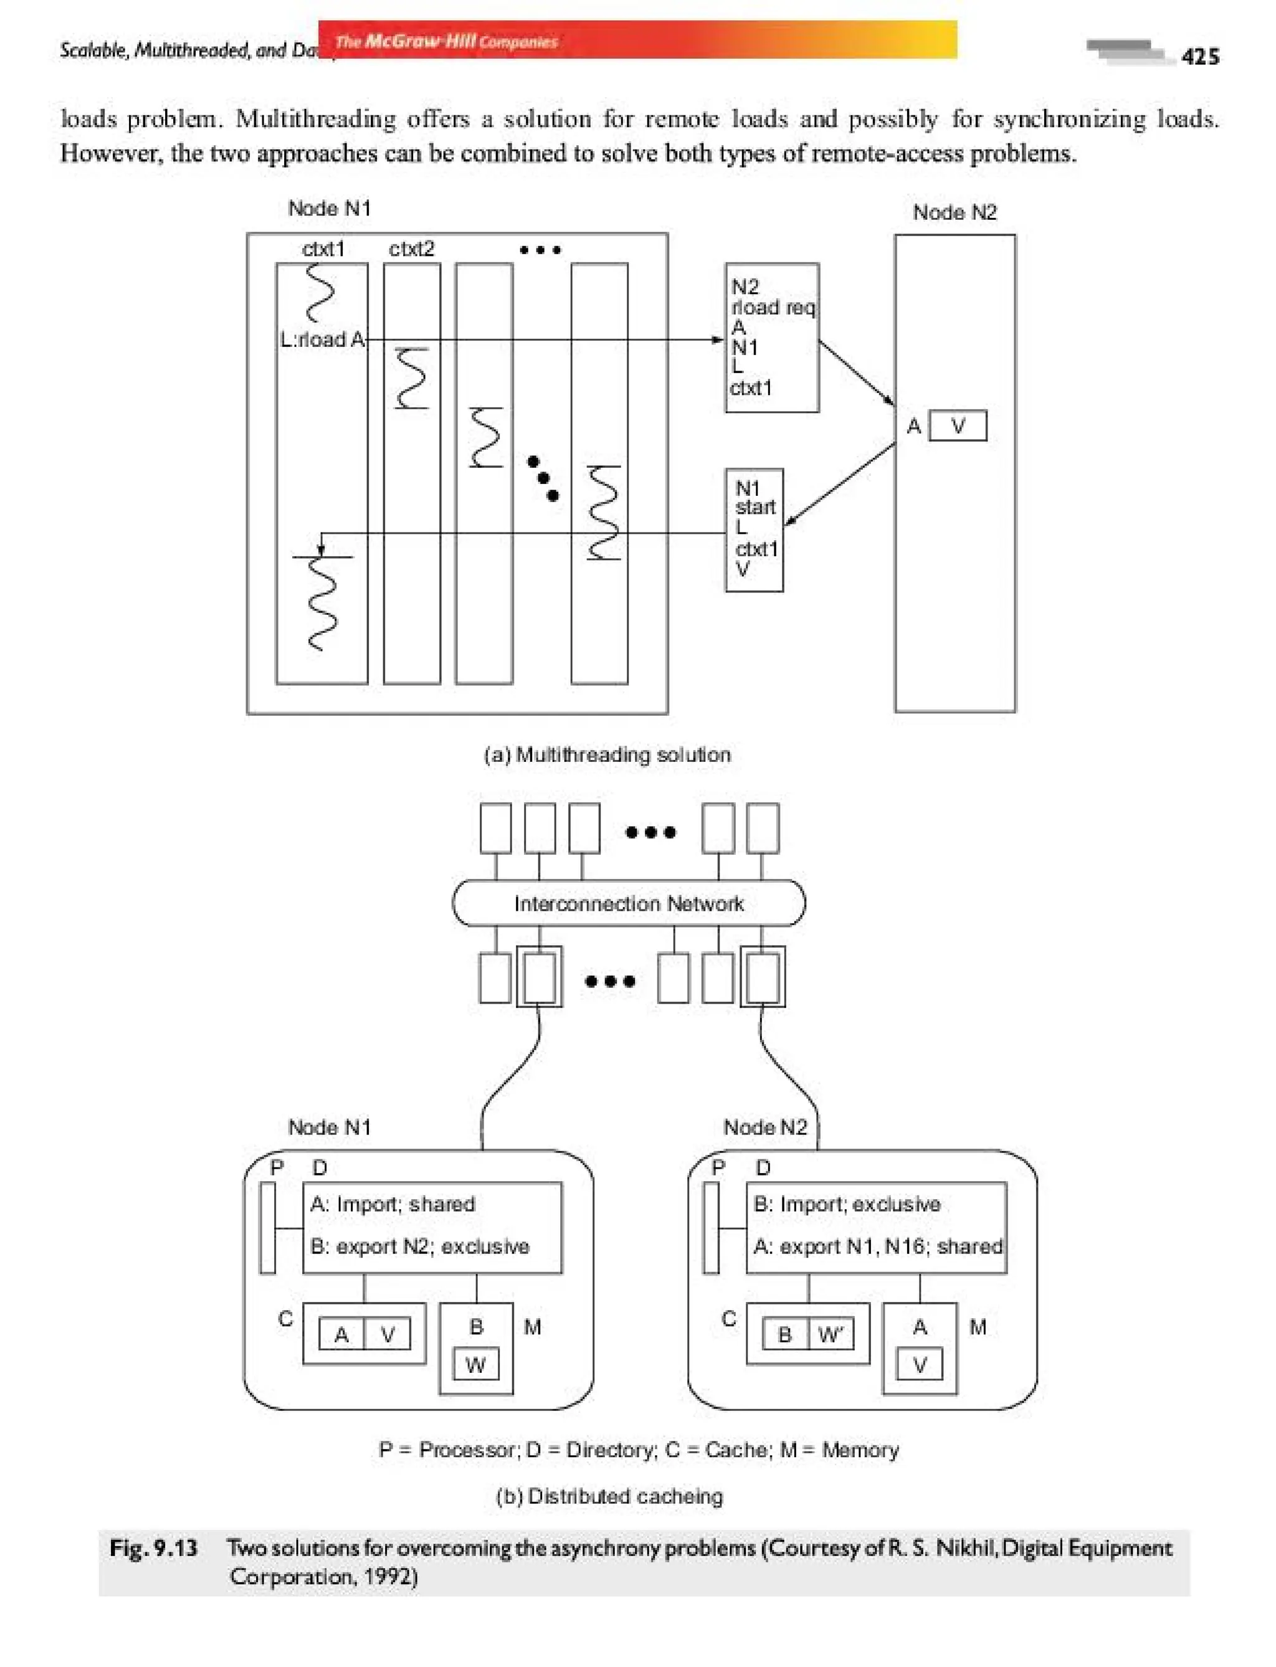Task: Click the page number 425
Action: pos(1200,57)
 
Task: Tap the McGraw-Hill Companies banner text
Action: pos(446,41)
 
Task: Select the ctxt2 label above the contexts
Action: pos(411,249)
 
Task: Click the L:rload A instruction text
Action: pos(322,340)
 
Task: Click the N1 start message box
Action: pos(755,530)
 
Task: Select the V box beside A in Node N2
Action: pos(958,426)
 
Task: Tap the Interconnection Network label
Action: pos(628,903)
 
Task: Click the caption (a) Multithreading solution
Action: pos(607,754)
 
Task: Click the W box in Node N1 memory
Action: pos(475,1365)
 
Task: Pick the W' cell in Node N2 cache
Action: pos(830,1334)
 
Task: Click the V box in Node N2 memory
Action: pos(919,1365)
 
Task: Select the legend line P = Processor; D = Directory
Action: pos(638,1449)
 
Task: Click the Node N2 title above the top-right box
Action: pos(954,212)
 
